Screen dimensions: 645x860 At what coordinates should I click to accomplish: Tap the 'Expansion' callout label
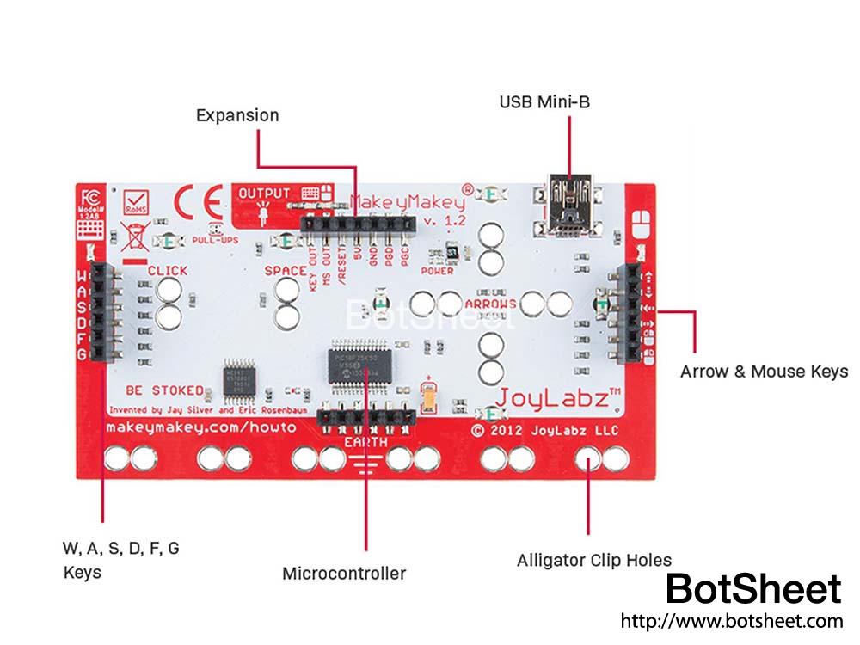pos(237,115)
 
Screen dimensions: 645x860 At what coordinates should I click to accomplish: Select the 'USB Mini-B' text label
pos(544,102)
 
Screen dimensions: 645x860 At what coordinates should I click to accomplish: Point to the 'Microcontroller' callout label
pos(344,573)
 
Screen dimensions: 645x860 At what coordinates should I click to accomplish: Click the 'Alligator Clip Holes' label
pos(594,561)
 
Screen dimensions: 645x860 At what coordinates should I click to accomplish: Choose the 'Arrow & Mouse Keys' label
pos(764,372)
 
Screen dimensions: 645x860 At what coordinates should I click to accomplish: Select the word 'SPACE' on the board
pos(285,271)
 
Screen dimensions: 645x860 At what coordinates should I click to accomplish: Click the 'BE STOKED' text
pos(164,390)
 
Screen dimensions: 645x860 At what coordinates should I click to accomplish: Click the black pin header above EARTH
pos(366,419)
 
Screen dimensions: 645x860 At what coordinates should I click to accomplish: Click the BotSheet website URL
pos(731,620)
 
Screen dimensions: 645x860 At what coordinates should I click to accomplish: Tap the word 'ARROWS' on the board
pos(490,304)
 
